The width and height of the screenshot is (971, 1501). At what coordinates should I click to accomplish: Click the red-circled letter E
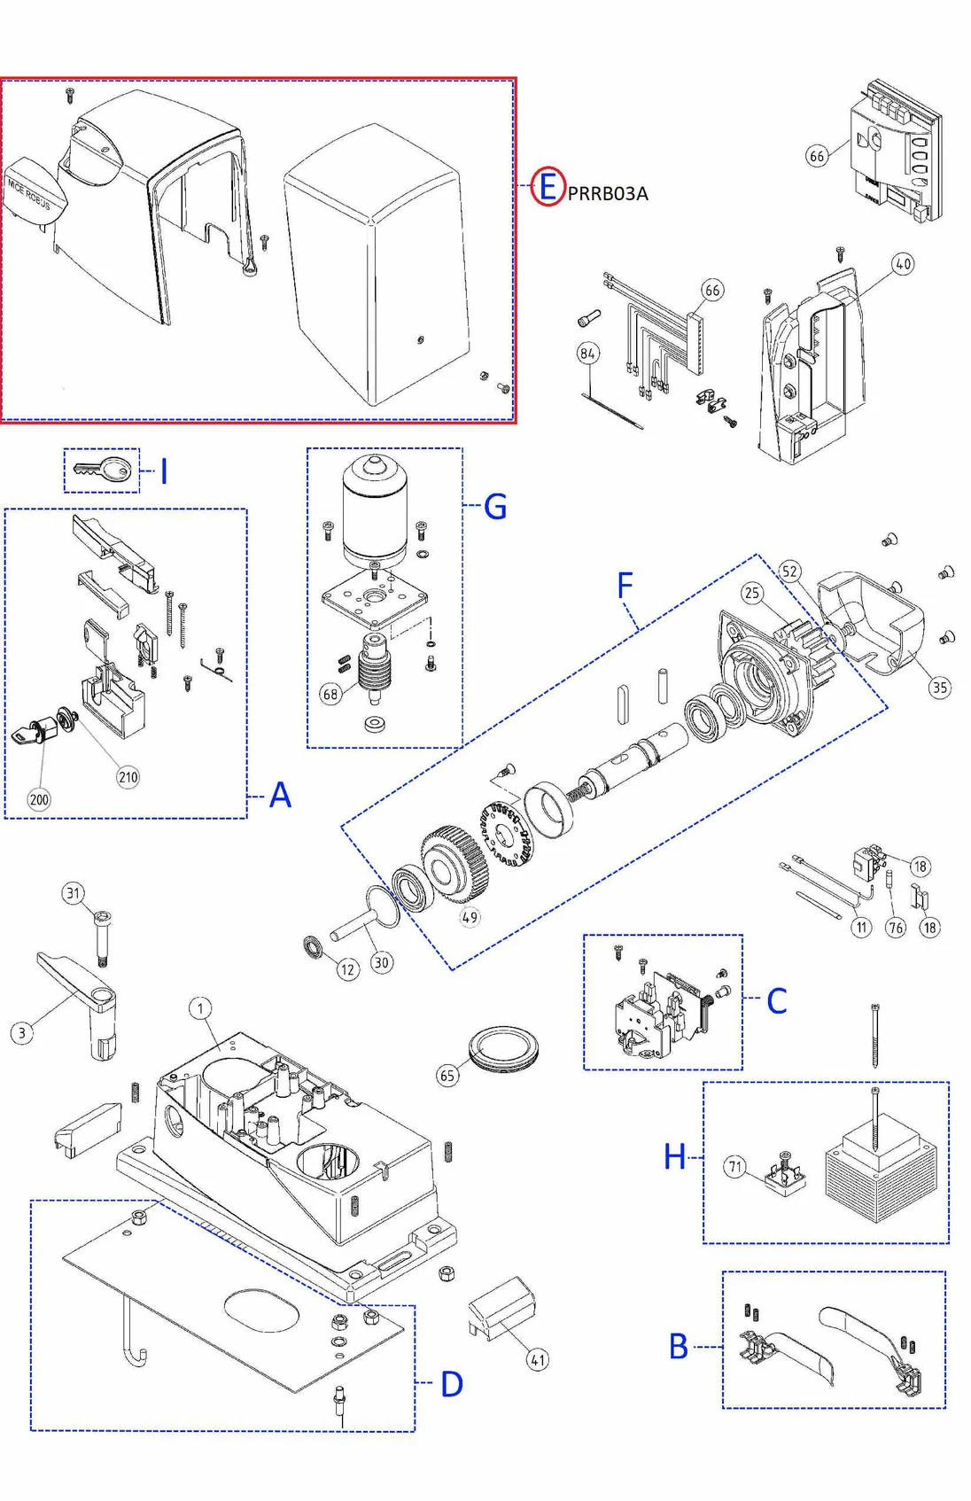(548, 187)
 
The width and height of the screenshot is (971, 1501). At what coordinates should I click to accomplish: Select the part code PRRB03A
(608, 193)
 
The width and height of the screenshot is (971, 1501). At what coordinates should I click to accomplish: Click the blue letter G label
(495, 507)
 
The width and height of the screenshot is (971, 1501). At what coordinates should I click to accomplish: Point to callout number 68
(330, 694)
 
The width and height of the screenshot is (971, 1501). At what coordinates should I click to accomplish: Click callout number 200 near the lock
(39, 799)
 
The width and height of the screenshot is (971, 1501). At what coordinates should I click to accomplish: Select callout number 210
(128, 777)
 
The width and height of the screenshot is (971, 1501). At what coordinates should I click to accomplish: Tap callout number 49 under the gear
(470, 917)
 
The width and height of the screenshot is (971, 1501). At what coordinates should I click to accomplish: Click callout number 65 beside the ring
(447, 1076)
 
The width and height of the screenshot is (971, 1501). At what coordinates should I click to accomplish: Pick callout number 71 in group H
(735, 1166)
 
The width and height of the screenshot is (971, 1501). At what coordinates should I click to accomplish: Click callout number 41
(538, 1359)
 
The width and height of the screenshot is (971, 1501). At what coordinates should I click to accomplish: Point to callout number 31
(74, 893)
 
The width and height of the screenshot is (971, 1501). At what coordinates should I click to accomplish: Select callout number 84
(587, 354)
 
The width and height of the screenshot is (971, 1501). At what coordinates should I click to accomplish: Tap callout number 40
(903, 264)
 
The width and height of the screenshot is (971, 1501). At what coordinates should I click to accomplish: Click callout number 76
(896, 928)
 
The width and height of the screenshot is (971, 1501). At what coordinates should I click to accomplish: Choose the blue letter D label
(452, 1384)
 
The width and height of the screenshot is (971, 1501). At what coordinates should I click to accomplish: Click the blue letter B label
(679, 1347)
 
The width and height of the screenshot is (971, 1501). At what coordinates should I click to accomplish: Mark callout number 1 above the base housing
(200, 1008)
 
